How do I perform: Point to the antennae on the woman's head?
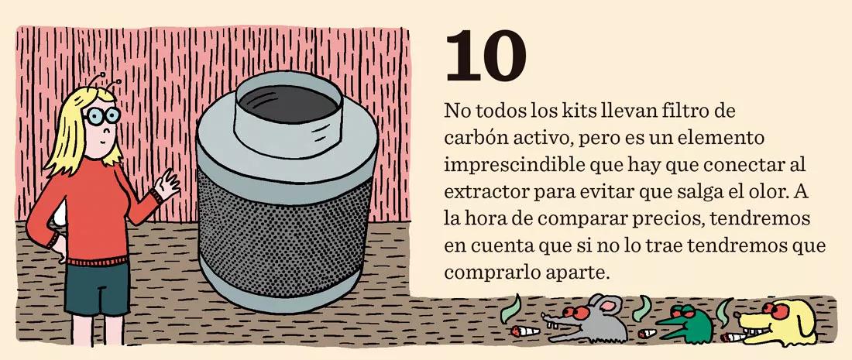click(107, 80)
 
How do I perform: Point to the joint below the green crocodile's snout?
click(646, 334)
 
